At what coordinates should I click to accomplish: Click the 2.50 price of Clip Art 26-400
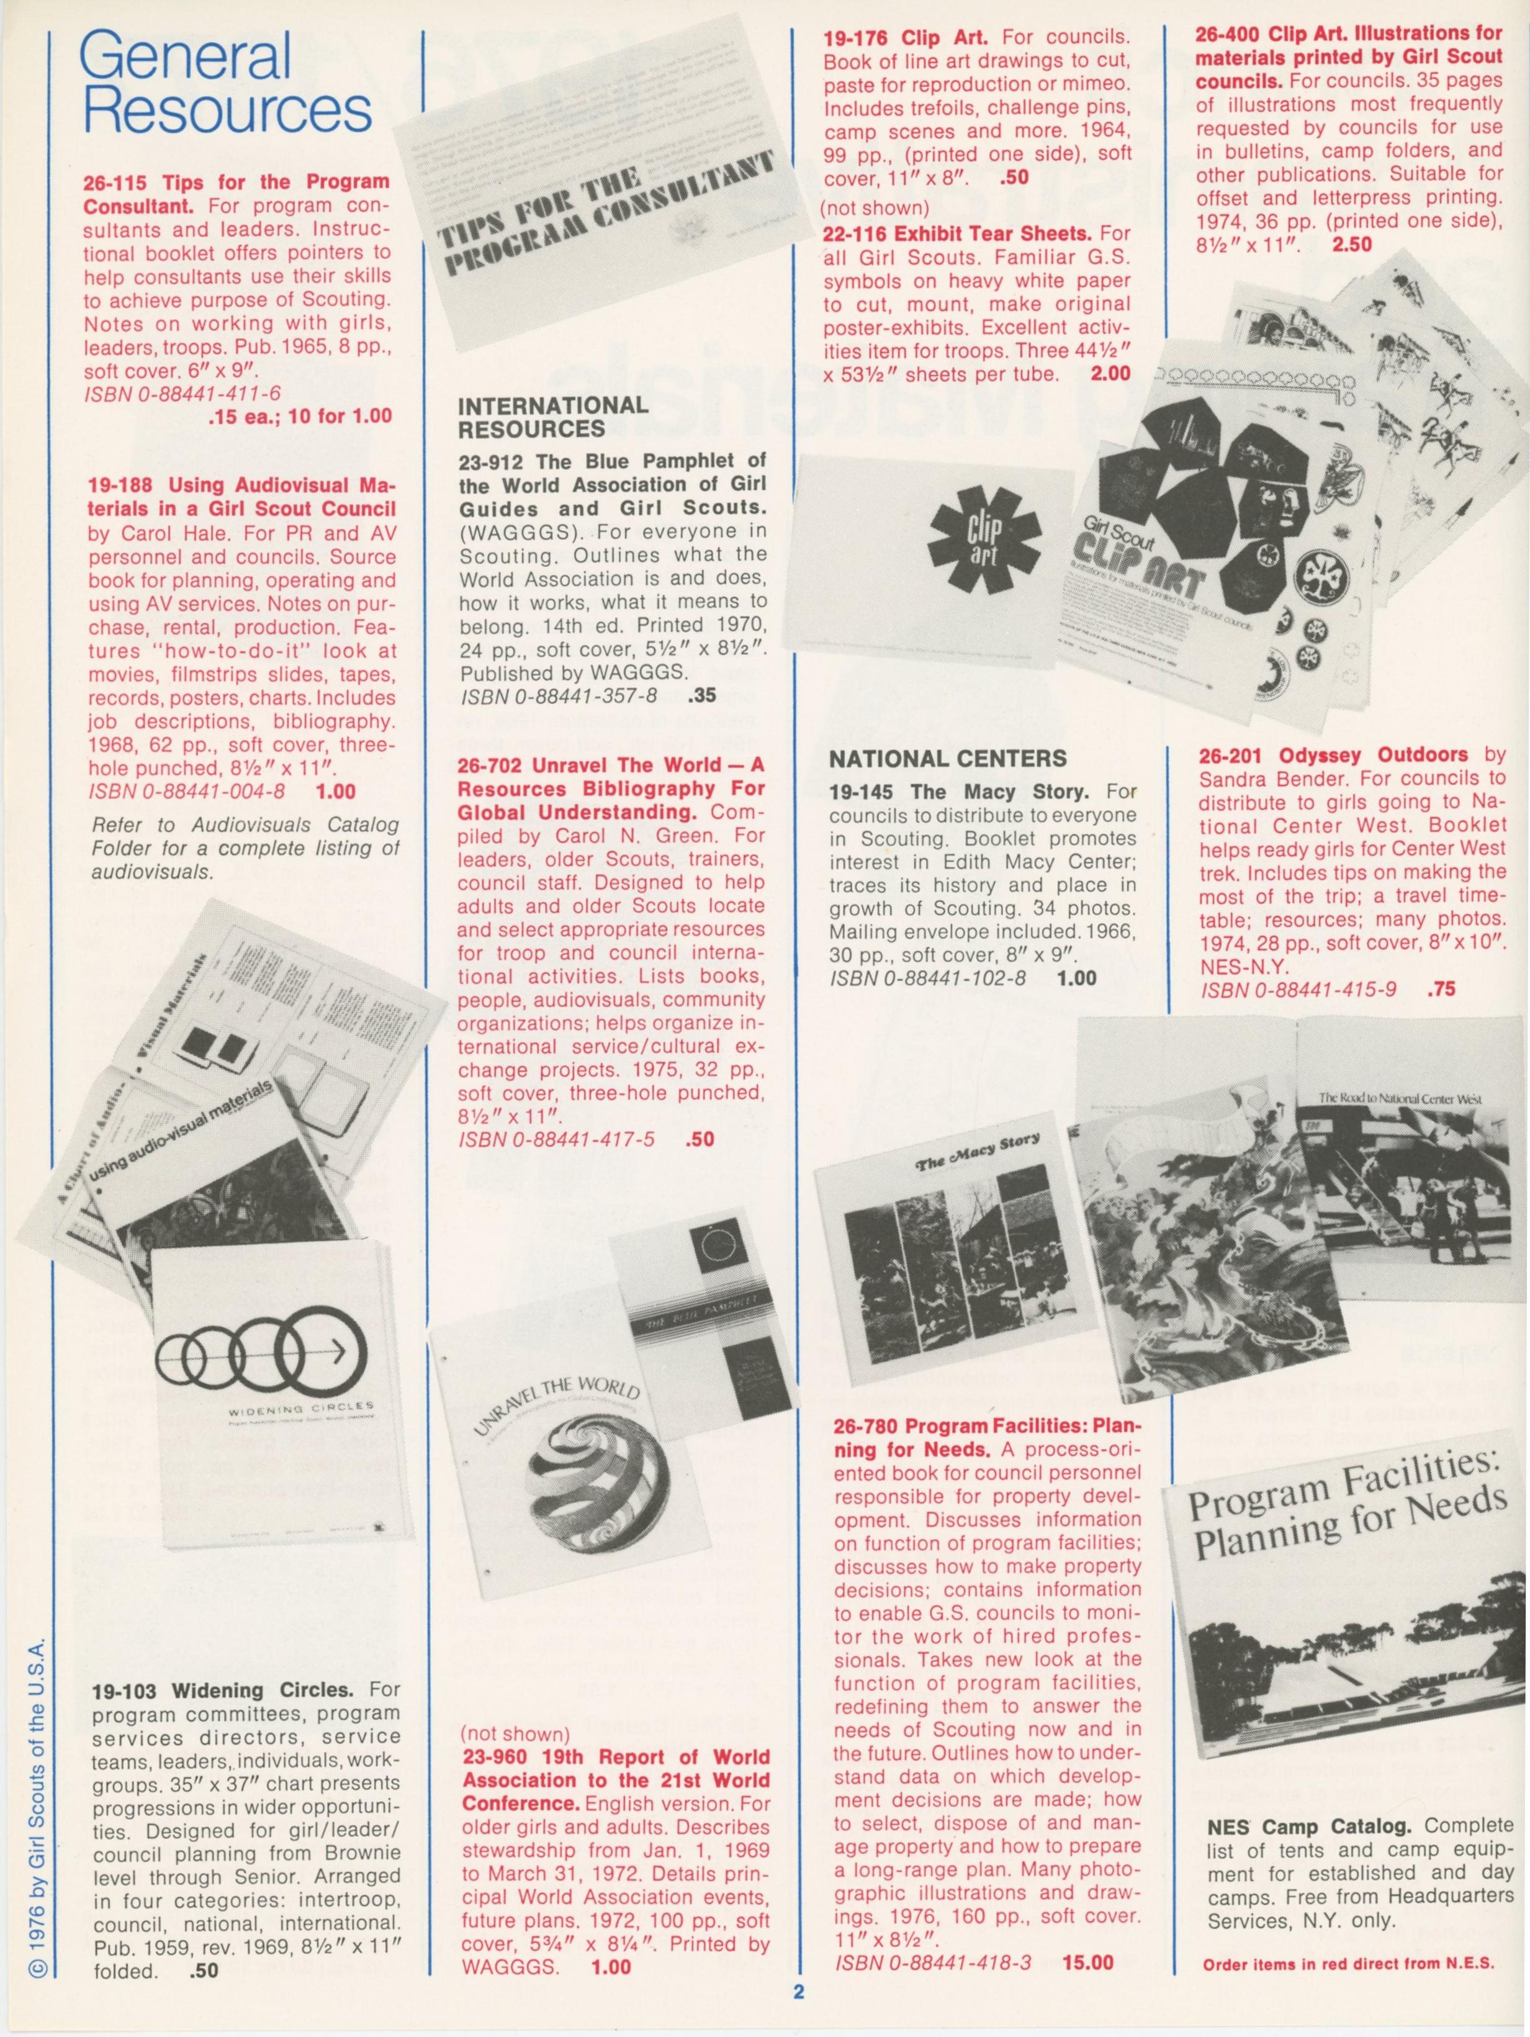1351,244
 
